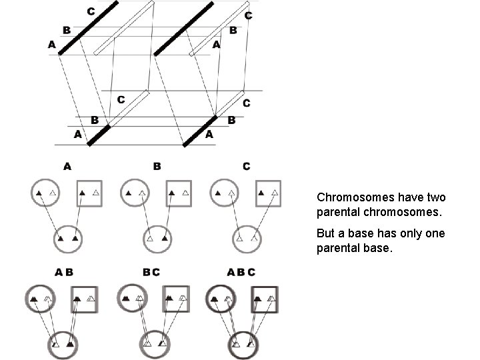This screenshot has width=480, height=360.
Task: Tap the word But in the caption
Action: coord(327,235)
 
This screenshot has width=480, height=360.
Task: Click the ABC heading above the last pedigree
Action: coord(241,273)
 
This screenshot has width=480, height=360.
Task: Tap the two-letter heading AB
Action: coord(65,273)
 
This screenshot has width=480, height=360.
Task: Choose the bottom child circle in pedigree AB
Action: coord(65,345)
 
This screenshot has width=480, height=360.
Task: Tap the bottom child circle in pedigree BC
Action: coord(155,345)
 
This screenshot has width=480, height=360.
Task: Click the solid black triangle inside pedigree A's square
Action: coord(82,193)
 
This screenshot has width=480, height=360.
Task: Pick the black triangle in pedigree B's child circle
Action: coord(164,238)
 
